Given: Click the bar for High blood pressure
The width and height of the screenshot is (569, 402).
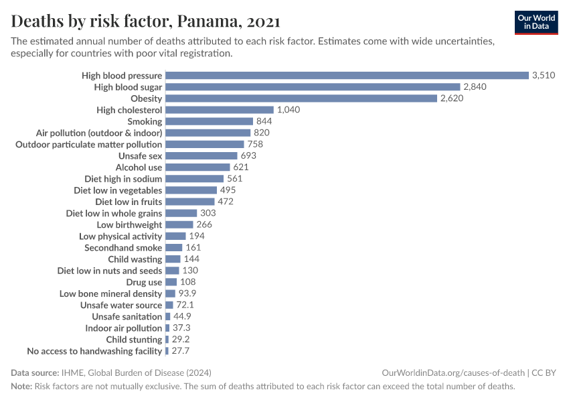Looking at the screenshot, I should point(347,76).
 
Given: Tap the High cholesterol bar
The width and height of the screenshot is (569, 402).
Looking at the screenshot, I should point(220,110).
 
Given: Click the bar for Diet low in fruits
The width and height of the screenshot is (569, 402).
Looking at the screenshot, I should point(190,202).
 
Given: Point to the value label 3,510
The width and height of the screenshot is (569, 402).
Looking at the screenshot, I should point(544,76).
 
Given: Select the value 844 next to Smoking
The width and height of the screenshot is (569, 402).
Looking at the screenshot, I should point(264,121).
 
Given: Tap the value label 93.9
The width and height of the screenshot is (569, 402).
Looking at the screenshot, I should point(187,293).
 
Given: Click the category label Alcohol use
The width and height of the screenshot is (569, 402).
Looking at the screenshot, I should point(139,167).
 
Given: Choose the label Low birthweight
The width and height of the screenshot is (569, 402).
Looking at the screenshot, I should point(129,224).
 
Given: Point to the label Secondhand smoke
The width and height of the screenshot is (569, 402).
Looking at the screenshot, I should point(123,248).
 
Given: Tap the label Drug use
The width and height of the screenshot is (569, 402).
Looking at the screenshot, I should point(144,282).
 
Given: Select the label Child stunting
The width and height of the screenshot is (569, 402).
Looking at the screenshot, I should point(134,340).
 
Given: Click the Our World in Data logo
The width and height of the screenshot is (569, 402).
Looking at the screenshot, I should point(536,22).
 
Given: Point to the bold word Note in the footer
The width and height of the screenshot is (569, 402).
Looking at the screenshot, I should point(21,387).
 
